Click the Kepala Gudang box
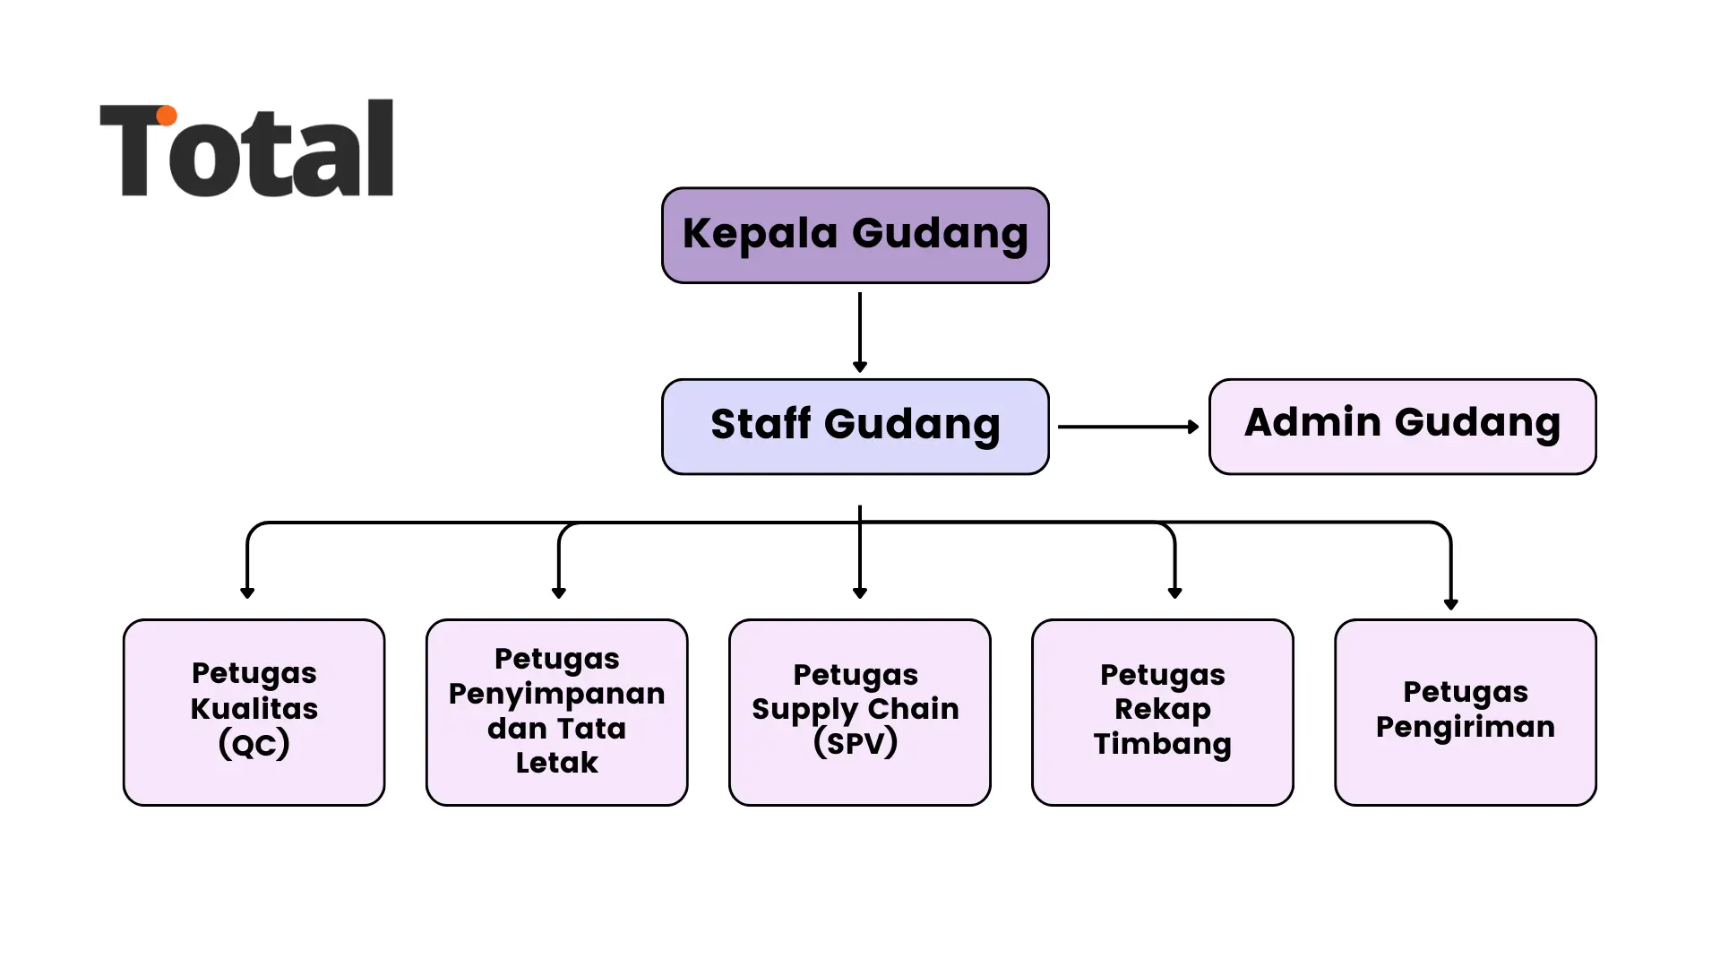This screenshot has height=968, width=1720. (x=855, y=235)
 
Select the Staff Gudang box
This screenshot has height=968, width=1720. (x=855, y=427)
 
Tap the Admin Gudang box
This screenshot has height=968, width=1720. (x=1402, y=427)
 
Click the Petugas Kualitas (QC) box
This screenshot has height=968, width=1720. (x=254, y=713)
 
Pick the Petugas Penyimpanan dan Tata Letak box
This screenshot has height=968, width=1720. (x=556, y=713)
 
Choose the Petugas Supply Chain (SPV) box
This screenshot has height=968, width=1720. (x=859, y=713)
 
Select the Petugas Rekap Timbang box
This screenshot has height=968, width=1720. (x=1162, y=713)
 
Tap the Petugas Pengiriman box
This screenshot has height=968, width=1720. (x=1465, y=713)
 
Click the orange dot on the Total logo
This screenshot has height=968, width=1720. (x=167, y=116)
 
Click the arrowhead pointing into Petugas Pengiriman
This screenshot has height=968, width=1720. (x=1450, y=604)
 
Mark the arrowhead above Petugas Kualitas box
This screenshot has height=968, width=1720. (x=247, y=592)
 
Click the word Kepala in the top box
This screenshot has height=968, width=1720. (x=760, y=234)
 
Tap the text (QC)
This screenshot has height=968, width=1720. (x=254, y=744)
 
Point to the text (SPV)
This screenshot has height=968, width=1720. (x=856, y=742)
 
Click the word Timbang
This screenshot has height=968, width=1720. (x=1162, y=744)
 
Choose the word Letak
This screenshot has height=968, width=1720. (x=556, y=763)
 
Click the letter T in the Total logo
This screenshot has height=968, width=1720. (x=134, y=149)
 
